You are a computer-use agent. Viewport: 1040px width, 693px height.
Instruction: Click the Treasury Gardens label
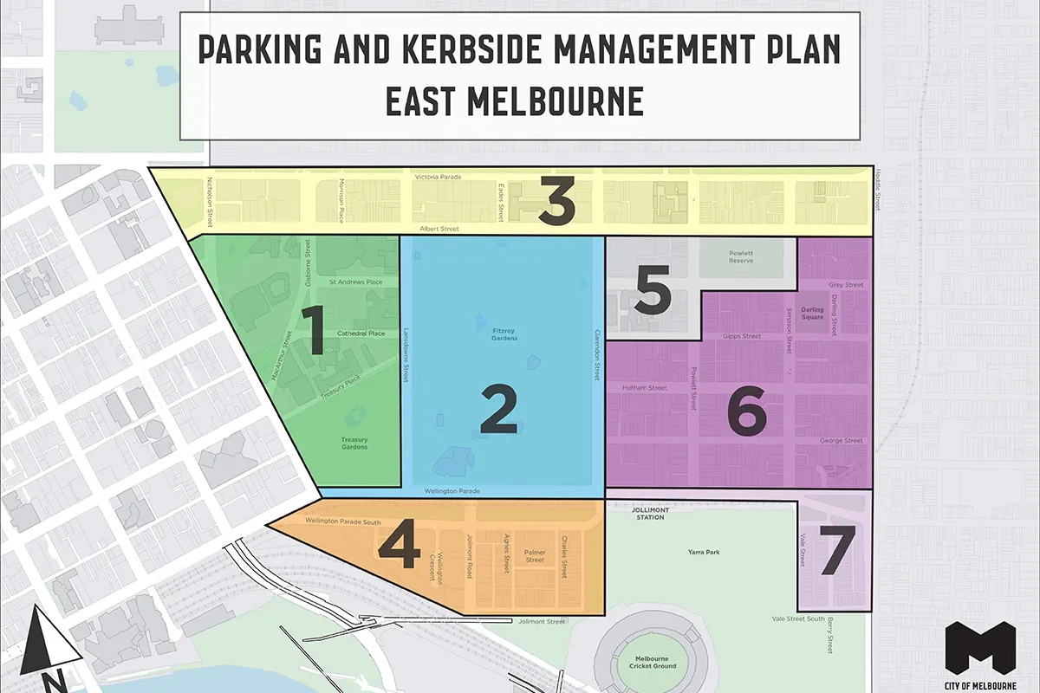(x=354, y=444)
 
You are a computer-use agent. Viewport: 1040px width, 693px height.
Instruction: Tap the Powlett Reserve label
(x=740, y=258)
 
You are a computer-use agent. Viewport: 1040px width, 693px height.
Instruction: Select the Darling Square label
(x=812, y=313)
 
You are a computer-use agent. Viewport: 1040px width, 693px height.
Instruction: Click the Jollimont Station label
(x=650, y=513)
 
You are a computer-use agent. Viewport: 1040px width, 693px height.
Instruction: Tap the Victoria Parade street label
(x=438, y=177)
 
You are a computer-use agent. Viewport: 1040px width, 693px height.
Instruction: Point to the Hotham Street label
(x=645, y=388)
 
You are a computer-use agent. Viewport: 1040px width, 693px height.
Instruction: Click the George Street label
(x=841, y=441)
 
